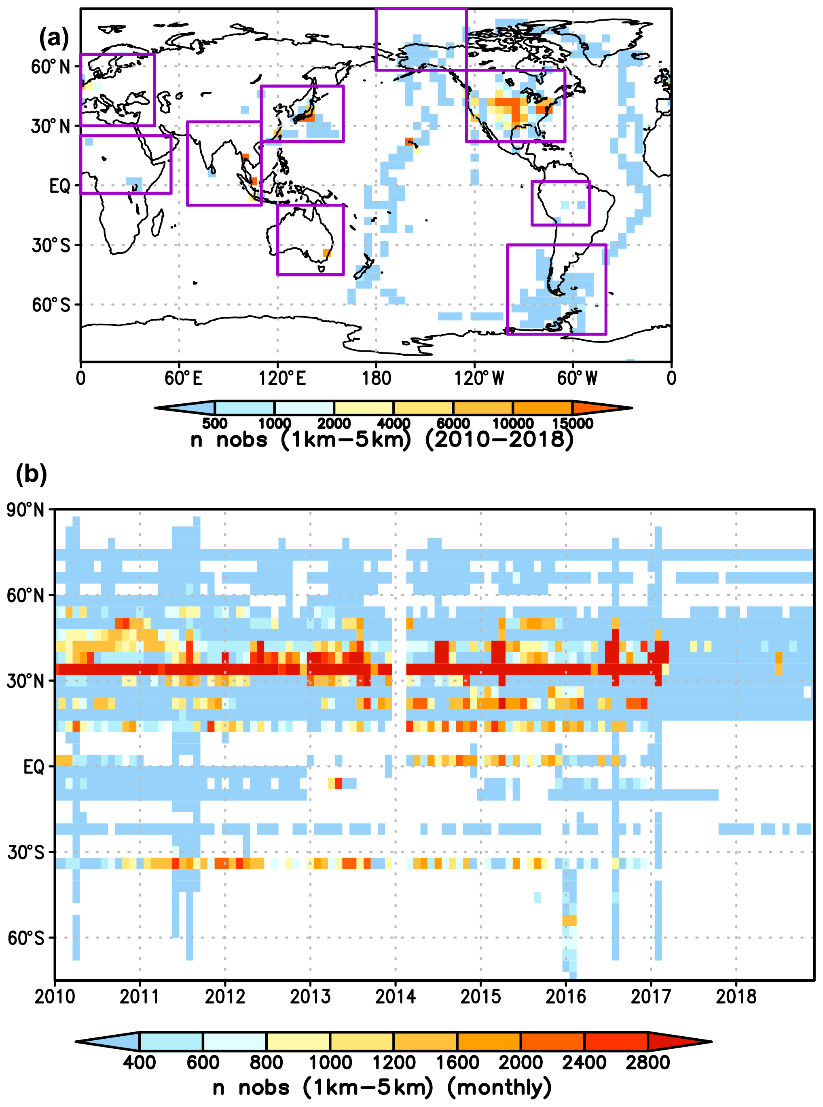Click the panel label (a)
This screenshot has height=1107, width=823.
click(x=54, y=38)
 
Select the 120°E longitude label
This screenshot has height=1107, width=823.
click(x=282, y=379)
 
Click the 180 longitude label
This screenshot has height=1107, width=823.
click(x=376, y=379)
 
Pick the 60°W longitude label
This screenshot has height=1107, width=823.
click(x=577, y=379)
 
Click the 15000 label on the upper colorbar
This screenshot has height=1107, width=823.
click(x=573, y=424)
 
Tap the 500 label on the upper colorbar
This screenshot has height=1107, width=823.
click(x=215, y=424)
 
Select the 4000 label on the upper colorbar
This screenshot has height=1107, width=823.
click(x=394, y=424)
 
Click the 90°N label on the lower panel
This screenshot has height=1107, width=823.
click(x=25, y=510)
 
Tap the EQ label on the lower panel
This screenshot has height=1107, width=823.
click(x=34, y=767)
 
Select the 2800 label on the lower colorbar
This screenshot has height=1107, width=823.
click(x=647, y=1062)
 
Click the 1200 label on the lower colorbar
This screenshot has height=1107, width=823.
click(x=394, y=1062)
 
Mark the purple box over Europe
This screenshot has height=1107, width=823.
click(x=118, y=90)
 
